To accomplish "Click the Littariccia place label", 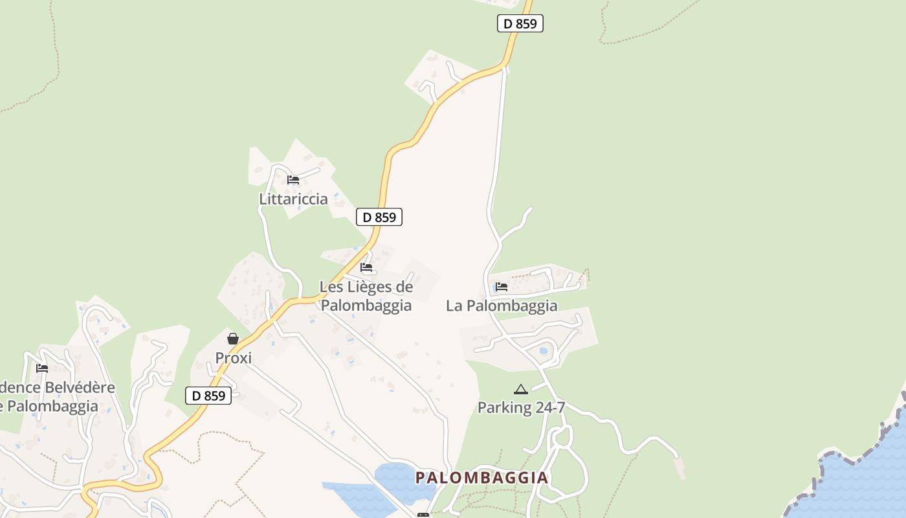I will pyautogui.click(x=293, y=199).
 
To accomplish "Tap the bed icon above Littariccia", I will pyautogui.click(x=293, y=180).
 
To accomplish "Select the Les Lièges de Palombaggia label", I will pyautogui.click(x=366, y=296).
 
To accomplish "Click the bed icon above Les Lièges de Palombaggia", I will pyautogui.click(x=366, y=267).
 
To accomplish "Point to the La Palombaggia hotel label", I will pyautogui.click(x=502, y=306).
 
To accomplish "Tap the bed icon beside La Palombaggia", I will pyautogui.click(x=502, y=287).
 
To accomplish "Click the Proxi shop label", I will pyautogui.click(x=233, y=358).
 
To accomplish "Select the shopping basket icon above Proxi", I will pyautogui.click(x=233, y=338).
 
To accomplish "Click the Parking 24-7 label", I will pyautogui.click(x=521, y=407).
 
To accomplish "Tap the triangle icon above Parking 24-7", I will pyautogui.click(x=521, y=389).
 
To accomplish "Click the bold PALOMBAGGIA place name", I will pyautogui.click(x=481, y=478).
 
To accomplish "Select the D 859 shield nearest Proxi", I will pyautogui.click(x=208, y=396).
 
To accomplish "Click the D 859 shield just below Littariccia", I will pyautogui.click(x=379, y=217).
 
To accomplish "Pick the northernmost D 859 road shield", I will pyautogui.click(x=520, y=23).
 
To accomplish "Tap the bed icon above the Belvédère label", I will pyautogui.click(x=42, y=368).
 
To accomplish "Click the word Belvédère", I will pyautogui.click(x=75, y=388).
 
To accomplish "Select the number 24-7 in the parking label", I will pyautogui.click(x=549, y=407).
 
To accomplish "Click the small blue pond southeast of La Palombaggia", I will pyautogui.click(x=544, y=351).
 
